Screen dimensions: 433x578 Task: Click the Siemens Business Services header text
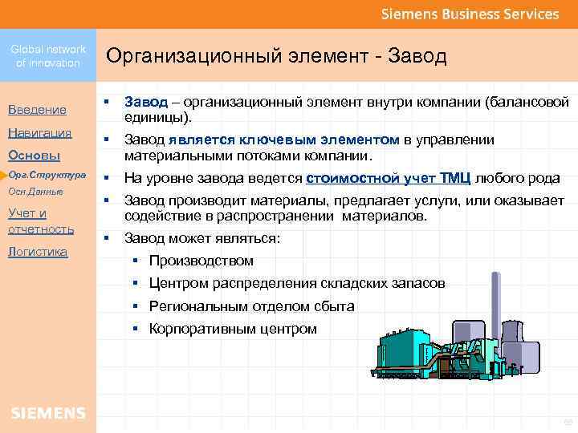tap(470, 14)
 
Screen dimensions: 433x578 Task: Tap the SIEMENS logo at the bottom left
tap(48, 413)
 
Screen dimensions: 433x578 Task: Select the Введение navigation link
tap(37, 109)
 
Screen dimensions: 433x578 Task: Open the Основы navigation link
tap(35, 155)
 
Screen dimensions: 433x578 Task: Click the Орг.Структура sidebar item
tap(47, 174)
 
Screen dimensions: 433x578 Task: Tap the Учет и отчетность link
tap(41, 221)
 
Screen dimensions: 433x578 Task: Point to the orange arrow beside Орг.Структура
tap(4, 174)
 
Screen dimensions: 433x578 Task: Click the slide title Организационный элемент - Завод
tap(276, 56)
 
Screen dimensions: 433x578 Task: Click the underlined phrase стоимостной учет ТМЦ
tap(390, 178)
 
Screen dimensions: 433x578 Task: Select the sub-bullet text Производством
tap(201, 261)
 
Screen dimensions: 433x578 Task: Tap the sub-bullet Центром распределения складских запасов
tap(297, 283)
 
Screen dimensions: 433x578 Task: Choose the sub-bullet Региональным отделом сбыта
tap(251, 306)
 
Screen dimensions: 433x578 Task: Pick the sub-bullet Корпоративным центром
tap(233, 329)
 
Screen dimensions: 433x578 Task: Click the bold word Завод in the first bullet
tap(145, 102)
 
